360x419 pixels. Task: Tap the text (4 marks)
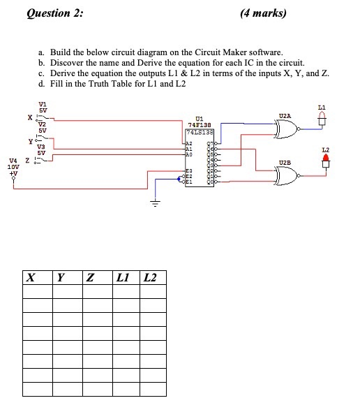point(262,13)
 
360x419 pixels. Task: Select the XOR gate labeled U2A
point(287,128)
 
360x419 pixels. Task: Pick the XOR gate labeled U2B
point(287,177)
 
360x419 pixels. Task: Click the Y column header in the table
point(61,278)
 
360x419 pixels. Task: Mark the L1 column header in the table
point(123,278)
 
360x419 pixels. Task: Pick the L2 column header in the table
point(150,278)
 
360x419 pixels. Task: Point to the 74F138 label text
point(199,124)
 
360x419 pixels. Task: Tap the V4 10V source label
point(13,163)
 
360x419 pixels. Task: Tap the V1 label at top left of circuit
point(43,105)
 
